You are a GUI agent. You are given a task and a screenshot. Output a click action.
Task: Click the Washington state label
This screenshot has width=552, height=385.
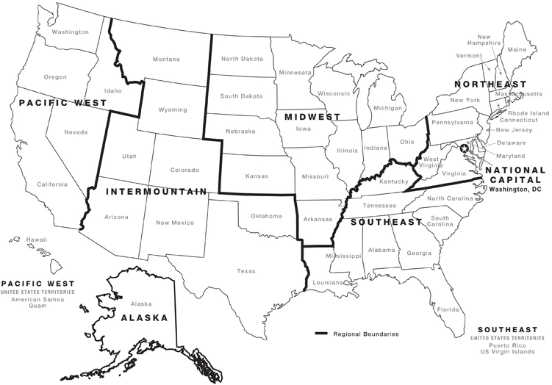pyautogui.click(x=71, y=32)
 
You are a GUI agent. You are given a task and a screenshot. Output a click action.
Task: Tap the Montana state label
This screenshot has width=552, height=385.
pyautogui.click(x=166, y=60)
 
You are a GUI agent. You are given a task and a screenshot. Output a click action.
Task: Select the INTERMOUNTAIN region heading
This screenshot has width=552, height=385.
pyautogui.click(x=155, y=192)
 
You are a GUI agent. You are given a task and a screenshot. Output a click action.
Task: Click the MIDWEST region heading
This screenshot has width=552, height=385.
pyautogui.click(x=308, y=117)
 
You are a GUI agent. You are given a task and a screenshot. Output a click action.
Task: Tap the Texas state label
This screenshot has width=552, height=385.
pyautogui.click(x=246, y=271)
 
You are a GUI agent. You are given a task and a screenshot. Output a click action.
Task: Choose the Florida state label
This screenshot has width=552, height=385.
pyautogui.click(x=448, y=309)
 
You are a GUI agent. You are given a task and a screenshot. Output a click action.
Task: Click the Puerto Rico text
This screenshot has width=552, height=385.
pyautogui.click(x=506, y=346)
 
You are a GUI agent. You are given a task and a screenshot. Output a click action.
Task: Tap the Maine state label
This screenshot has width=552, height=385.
pyautogui.click(x=517, y=49)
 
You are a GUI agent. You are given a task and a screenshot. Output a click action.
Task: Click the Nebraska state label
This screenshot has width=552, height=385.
pyautogui.click(x=240, y=132)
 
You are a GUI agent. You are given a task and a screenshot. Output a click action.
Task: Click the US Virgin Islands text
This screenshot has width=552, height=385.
pyautogui.click(x=507, y=353)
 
